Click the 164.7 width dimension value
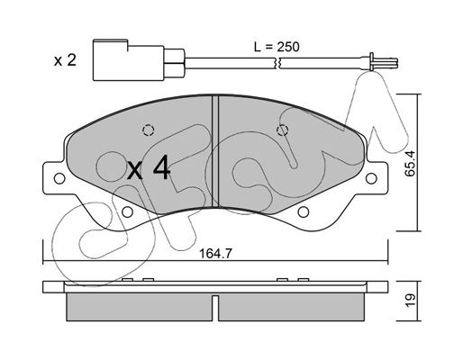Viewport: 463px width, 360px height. click(x=215, y=254)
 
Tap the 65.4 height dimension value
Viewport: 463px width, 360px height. click(x=410, y=164)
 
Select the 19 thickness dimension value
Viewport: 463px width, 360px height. click(x=410, y=300)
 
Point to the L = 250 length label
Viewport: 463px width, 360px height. click(x=277, y=47)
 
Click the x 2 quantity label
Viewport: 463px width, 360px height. click(x=65, y=60)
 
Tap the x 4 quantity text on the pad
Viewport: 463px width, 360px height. click(x=149, y=169)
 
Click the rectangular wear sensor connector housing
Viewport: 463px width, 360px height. click(x=129, y=60)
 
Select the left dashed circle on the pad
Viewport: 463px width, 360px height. click(x=149, y=130)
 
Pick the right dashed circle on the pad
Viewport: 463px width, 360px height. click(x=282, y=130)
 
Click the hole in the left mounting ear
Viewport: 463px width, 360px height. click(x=59, y=179)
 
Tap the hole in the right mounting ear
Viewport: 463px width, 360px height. click(x=371, y=178)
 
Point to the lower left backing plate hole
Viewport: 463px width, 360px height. click(x=127, y=212)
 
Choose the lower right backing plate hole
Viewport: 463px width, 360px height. click(x=304, y=212)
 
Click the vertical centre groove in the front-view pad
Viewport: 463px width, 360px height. click(x=215, y=151)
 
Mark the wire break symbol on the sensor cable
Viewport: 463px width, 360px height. click(x=278, y=63)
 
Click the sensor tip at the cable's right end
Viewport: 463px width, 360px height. click(x=384, y=63)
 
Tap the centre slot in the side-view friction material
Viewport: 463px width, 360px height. click(x=215, y=308)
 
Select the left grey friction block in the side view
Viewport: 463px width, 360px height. click(x=140, y=307)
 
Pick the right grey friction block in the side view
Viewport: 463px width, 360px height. click(x=292, y=307)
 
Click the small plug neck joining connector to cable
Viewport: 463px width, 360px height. click(x=174, y=63)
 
